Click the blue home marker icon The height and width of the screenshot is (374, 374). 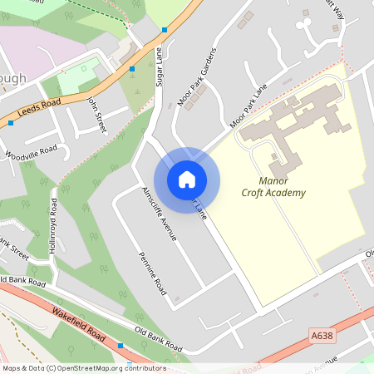pos(187,179)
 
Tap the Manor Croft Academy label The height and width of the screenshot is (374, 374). pos(273,186)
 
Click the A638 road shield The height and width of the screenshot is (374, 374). pos(322,335)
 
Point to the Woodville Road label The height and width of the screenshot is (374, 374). pos(31,153)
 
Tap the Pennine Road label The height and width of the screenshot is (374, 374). pos(153,274)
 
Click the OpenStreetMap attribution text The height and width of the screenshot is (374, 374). pos(83,368)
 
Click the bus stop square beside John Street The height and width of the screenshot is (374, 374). pos(132,69)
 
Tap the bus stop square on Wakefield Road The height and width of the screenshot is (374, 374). pos(121,345)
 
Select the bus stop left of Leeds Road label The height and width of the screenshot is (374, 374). pos(10,123)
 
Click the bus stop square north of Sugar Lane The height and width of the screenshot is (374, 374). pos(165,30)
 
